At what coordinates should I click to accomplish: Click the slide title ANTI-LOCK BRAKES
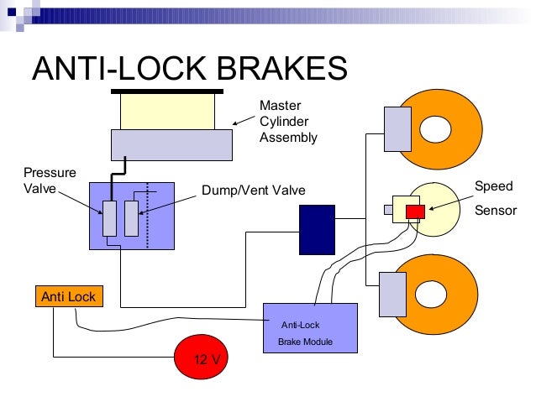[189, 68]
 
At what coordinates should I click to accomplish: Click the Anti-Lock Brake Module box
[311, 332]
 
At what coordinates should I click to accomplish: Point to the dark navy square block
[318, 230]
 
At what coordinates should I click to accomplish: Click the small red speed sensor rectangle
[414, 211]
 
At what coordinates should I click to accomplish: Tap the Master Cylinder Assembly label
[287, 122]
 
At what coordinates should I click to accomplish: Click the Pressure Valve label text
[39, 180]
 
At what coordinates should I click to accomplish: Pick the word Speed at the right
[493, 186]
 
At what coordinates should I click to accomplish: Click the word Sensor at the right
[496, 210]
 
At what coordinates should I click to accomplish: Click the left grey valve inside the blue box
[110, 218]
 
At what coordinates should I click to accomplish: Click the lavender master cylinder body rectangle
[172, 144]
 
